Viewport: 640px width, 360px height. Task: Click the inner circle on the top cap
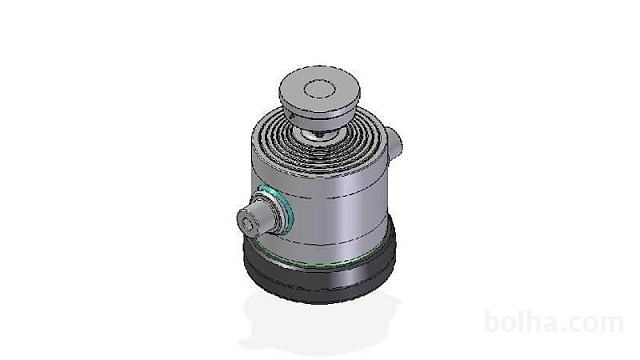tap(320, 89)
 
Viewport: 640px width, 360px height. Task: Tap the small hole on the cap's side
tap(291, 116)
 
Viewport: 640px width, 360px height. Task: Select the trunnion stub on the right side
tap(393, 143)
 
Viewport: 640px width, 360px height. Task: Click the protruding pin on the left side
tap(255, 219)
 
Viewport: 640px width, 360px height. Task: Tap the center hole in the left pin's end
tap(246, 224)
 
